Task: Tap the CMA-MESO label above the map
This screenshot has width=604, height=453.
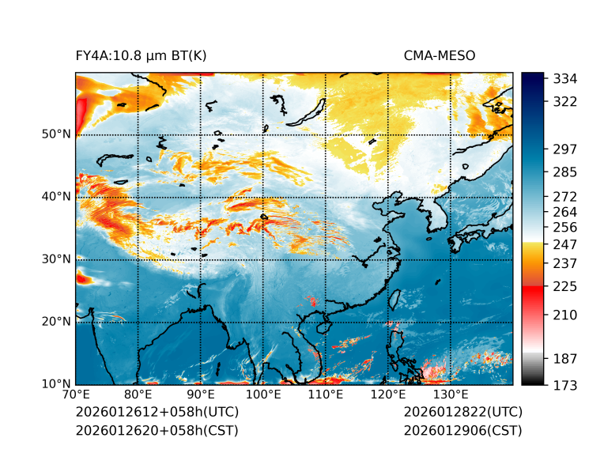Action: point(440,56)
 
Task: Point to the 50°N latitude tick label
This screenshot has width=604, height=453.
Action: point(56,134)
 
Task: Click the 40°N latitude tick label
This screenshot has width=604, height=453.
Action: point(56,197)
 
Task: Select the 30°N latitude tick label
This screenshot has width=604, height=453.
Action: point(56,259)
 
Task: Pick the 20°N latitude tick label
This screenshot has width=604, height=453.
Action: point(56,322)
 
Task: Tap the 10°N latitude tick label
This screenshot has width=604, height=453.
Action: point(56,384)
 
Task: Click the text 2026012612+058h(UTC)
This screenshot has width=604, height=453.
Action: point(157,413)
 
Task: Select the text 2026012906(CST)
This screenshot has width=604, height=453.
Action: point(462,431)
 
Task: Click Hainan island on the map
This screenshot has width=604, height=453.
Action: point(322,326)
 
